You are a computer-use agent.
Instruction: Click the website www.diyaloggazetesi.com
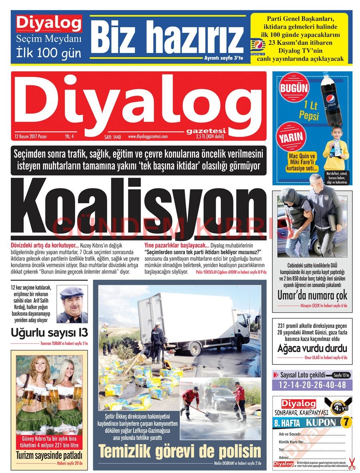tap(148, 136)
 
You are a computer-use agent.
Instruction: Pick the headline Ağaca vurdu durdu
tap(312, 348)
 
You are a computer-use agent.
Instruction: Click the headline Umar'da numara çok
tap(312, 296)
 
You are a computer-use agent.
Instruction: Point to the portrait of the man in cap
tap(72, 304)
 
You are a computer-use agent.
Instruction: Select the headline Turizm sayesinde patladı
tap(49, 455)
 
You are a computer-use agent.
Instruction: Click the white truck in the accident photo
tap(200, 320)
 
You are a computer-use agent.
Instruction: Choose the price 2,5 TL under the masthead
tap(210, 136)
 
